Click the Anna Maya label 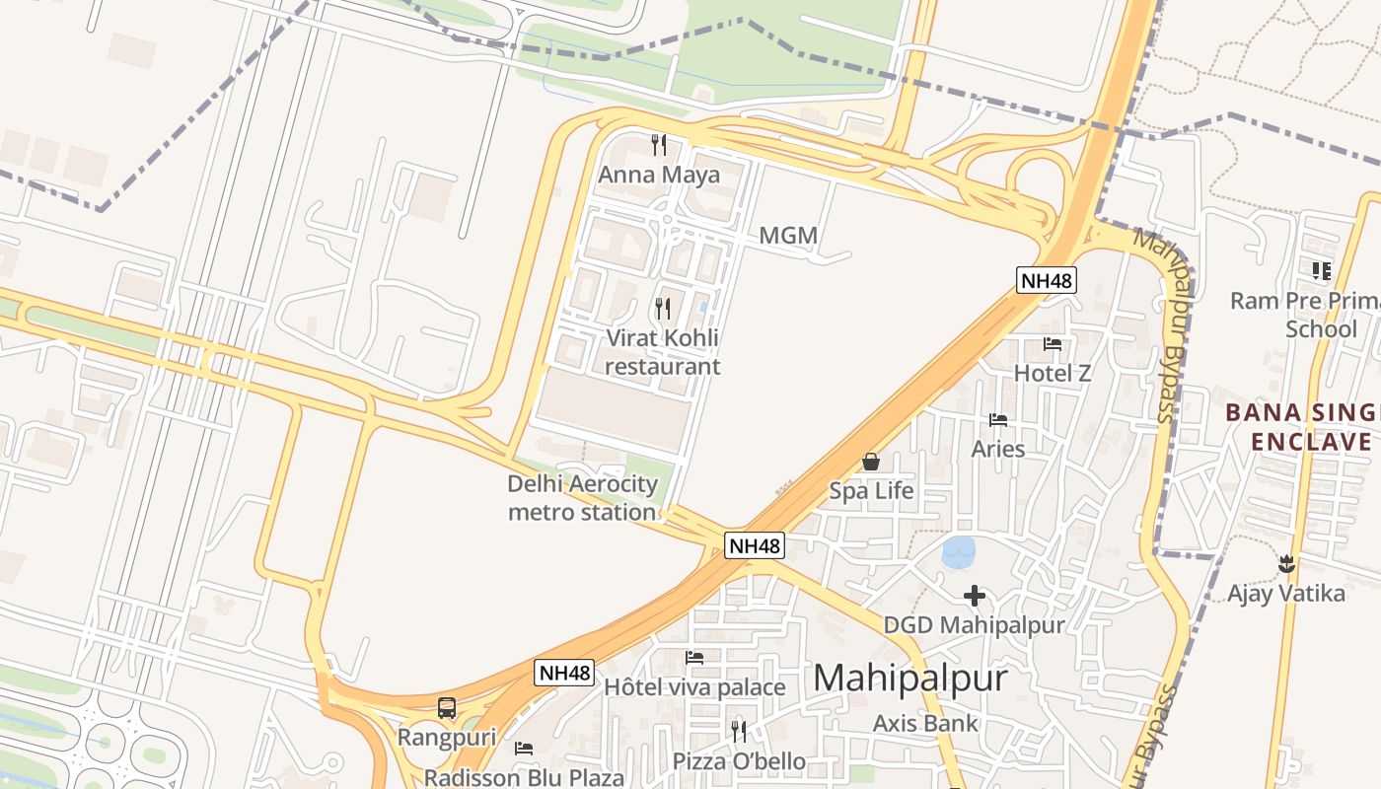tap(659, 176)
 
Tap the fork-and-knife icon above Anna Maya tap(659, 145)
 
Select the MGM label tap(788, 236)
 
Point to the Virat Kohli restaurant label tap(662, 352)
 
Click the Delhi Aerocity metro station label tap(582, 498)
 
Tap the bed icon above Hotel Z tap(1053, 344)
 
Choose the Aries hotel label tap(998, 449)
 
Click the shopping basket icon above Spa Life tap(871, 461)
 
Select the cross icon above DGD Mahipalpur tap(975, 596)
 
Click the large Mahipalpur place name tap(910, 678)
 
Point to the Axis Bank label tap(925, 723)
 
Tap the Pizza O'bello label tap(739, 761)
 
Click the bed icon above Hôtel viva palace tap(694, 658)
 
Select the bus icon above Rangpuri tap(447, 708)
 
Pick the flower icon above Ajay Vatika tap(1285, 564)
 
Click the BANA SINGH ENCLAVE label tap(1302, 427)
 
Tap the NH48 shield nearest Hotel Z tap(1046, 280)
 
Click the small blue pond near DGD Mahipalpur tap(959, 552)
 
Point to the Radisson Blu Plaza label tap(524, 777)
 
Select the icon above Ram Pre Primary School tap(1321, 270)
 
